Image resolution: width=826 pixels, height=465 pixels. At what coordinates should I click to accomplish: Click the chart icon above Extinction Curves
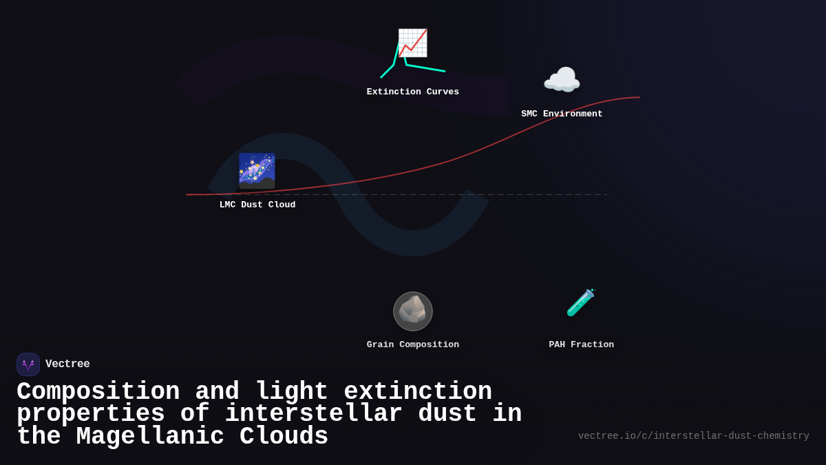[x=412, y=43]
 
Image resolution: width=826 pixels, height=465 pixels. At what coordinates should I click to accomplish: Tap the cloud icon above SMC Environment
[x=562, y=81]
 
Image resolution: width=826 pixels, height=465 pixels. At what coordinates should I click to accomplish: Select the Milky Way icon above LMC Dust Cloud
[x=257, y=171]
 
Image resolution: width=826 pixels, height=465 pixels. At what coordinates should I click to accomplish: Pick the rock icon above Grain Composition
[x=413, y=311]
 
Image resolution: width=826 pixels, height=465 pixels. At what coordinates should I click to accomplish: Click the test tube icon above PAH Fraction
[x=581, y=302]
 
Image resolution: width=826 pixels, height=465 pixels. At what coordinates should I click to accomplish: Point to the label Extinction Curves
[x=413, y=92]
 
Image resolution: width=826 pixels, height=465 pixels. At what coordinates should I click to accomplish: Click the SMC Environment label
[x=562, y=114]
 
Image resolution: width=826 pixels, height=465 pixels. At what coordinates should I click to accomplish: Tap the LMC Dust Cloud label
[x=257, y=205]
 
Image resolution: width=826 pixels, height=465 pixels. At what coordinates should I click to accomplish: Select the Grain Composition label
[x=413, y=345]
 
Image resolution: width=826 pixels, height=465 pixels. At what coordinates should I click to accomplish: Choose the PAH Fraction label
[x=581, y=345]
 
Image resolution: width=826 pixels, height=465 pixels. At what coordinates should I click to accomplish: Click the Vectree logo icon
[x=28, y=364]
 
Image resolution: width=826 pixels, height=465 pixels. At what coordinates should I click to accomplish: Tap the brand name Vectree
[x=67, y=364]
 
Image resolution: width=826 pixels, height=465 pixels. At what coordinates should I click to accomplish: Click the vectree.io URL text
[x=693, y=436]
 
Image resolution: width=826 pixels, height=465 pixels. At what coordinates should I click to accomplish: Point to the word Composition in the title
[x=98, y=392]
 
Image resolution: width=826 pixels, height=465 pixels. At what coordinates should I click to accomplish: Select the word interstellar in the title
[x=313, y=414]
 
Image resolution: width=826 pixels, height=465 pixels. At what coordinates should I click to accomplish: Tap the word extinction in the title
[x=418, y=392]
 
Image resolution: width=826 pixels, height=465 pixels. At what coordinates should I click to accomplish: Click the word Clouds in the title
[x=284, y=437]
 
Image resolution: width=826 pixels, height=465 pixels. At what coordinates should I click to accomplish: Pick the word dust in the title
[x=447, y=414]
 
